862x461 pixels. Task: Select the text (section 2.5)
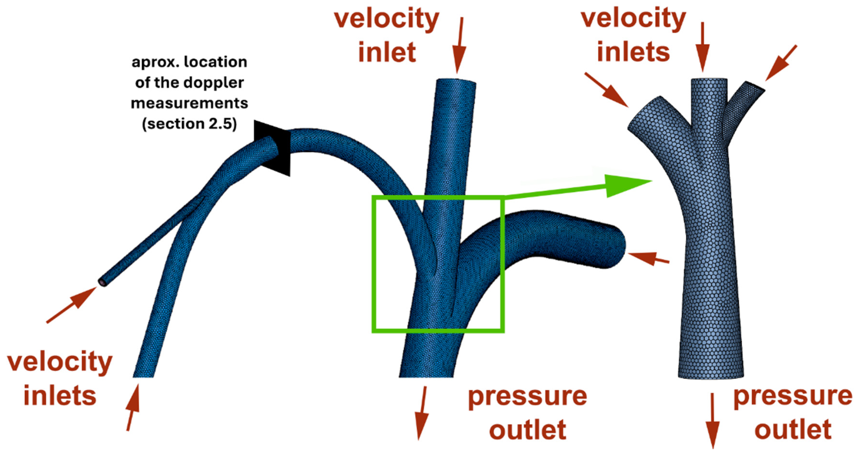(x=189, y=124)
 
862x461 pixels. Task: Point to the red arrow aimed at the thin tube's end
(x=72, y=305)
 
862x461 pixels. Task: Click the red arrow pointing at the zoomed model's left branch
(x=607, y=90)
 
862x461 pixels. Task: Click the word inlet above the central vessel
(x=387, y=52)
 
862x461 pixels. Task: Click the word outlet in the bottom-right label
(x=793, y=430)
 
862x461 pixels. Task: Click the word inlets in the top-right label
(x=633, y=52)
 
